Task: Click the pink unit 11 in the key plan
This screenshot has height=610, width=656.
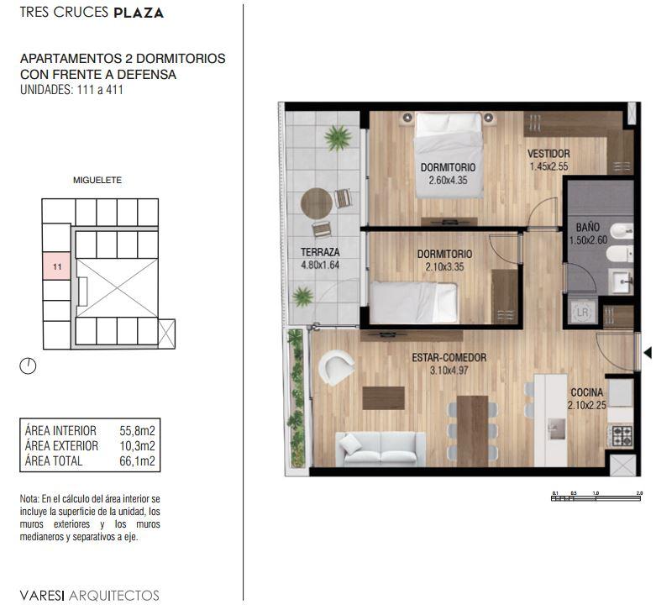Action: (x=57, y=266)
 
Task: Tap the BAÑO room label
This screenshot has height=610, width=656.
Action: (x=588, y=227)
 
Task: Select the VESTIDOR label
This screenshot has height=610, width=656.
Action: (x=548, y=154)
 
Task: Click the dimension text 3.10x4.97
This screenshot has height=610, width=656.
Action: (x=449, y=371)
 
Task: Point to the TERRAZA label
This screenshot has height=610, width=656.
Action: (x=320, y=252)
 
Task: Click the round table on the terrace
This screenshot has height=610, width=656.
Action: (x=317, y=203)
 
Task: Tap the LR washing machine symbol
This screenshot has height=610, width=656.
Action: (x=582, y=312)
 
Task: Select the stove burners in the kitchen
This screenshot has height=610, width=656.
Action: (x=622, y=435)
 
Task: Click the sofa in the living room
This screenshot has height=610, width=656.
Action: (x=380, y=450)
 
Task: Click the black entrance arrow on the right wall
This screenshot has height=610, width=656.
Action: (x=648, y=353)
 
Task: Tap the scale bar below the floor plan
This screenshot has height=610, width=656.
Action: (x=596, y=498)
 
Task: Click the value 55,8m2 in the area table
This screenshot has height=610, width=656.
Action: (x=137, y=430)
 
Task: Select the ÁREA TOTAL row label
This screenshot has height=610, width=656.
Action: (x=54, y=461)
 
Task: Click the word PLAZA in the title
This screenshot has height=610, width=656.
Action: (x=139, y=13)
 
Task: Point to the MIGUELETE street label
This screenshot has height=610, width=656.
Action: (x=97, y=180)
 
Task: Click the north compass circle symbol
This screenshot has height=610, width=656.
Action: (x=28, y=366)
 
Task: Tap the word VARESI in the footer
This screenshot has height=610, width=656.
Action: (x=42, y=595)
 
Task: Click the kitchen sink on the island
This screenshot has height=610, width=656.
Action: (x=556, y=429)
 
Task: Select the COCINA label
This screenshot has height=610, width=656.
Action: (x=587, y=392)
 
